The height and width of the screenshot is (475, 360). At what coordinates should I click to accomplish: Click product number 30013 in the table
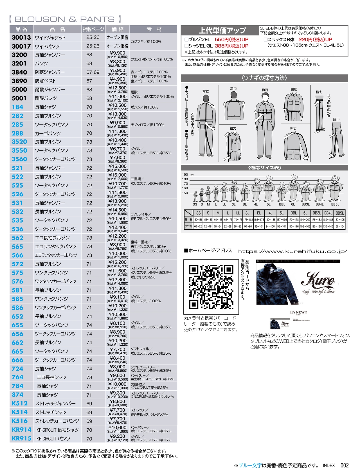tap(21, 38)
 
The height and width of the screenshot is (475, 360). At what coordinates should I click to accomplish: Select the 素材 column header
tap(153, 29)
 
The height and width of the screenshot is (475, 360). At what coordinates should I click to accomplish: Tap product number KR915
tap(21, 438)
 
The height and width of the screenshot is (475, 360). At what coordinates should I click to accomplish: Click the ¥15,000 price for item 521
tap(118, 166)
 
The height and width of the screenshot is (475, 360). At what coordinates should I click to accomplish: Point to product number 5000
tap(19, 90)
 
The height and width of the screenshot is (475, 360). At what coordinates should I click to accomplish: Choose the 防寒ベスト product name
tap(46, 81)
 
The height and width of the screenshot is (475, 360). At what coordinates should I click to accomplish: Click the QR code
tap(211, 287)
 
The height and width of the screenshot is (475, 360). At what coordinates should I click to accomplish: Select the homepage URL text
tap(292, 251)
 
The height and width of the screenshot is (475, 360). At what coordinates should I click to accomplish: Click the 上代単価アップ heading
tap(222, 30)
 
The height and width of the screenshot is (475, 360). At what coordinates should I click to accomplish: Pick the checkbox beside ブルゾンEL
tap(186, 40)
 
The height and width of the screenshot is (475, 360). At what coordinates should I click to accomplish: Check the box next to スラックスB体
tap(265, 40)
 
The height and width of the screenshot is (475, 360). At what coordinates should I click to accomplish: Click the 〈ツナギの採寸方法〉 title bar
tap(264, 78)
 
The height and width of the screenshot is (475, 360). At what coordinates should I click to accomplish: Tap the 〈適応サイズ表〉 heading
tap(264, 168)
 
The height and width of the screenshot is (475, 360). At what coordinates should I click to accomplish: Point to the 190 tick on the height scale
tap(185, 175)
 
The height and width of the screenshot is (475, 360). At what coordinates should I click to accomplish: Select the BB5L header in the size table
tap(339, 213)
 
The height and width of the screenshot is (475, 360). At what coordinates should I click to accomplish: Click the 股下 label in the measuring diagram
tap(336, 120)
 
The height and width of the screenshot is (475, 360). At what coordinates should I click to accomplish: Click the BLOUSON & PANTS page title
tap(65, 19)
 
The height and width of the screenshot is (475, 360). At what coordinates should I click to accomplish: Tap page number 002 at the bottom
tap(344, 465)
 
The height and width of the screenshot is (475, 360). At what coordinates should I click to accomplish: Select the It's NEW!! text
tap(298, 312)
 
